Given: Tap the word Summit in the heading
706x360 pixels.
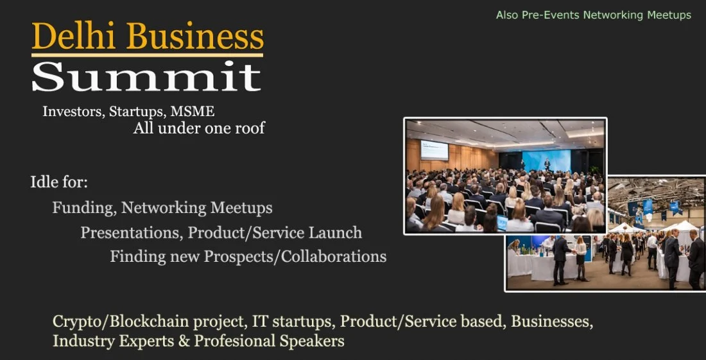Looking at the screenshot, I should pos(146,77).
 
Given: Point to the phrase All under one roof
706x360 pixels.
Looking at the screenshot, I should pos(199,128).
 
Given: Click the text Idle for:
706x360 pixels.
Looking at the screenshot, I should pos(59,182).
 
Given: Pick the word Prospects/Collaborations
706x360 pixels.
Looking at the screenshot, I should pos(295,257).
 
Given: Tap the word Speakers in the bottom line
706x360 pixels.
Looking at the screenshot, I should pos(312,341).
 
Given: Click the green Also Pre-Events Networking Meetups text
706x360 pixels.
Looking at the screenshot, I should pos(594,15).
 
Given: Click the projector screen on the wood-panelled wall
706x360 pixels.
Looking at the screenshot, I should pos(435,150).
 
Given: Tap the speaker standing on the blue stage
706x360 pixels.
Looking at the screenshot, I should pos(547,164).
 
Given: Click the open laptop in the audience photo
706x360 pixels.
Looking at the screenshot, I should pos(502,223).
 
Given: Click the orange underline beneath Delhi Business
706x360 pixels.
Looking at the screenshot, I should pos(148,55).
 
